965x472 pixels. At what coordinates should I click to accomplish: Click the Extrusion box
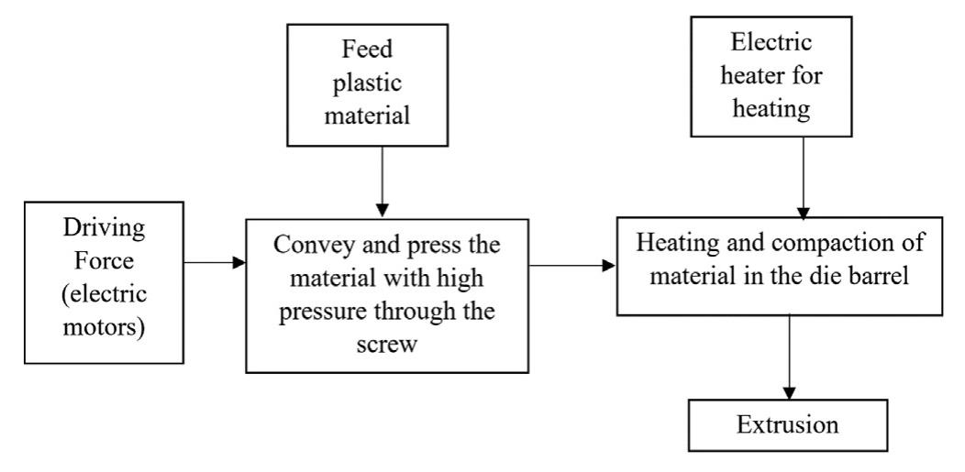(x=787, y=426)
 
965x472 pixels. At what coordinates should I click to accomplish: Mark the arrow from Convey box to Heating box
(x=571, y=266)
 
